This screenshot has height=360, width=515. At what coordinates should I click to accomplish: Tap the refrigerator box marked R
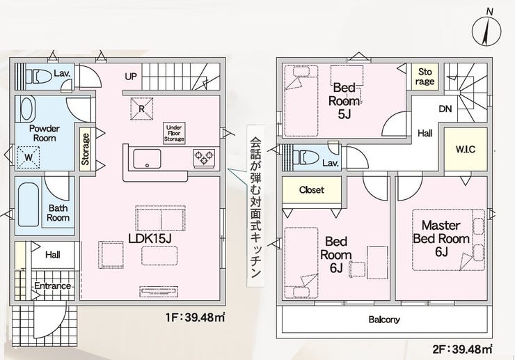coord(142,109)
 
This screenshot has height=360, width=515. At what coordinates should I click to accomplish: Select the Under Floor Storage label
coord(174,133)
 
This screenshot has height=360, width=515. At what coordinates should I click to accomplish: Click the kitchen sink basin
coord(147,159)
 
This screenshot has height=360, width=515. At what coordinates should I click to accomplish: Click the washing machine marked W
coord(29,157)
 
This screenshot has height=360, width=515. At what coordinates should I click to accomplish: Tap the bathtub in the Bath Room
coord(29,205)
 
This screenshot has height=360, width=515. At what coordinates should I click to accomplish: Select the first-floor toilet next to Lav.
coord(39,77)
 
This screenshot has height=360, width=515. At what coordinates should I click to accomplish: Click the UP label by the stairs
coord(131,77)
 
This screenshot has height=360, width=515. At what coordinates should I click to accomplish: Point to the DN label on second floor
coord(445,109)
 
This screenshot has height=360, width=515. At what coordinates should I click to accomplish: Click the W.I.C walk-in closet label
coord(466,150)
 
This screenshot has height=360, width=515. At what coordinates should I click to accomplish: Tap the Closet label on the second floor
coord(312,190)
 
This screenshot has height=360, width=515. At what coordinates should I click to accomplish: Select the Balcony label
coord(384,320)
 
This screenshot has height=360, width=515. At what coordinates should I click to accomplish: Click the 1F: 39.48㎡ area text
coord(196,318)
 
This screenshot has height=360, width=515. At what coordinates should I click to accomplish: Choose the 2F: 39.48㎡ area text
coord(462,349)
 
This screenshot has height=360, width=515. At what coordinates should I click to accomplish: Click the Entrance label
coord(53,286)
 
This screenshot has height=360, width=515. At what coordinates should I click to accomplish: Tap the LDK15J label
coord(150,239)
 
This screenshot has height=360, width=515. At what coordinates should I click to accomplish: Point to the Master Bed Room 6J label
coord(441,239)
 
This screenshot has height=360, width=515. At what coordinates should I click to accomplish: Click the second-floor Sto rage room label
coord(425,77)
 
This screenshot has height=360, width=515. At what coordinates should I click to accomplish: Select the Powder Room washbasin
coord(27,109)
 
